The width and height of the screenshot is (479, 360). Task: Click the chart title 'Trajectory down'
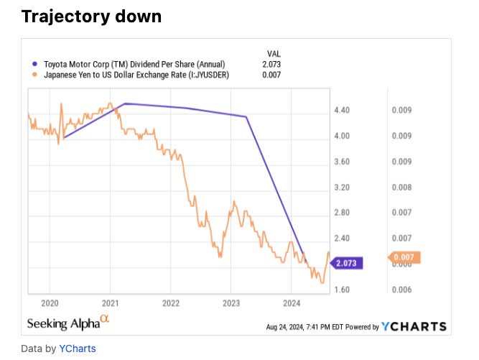point(91,16)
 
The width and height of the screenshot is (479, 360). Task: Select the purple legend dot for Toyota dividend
point(33,64)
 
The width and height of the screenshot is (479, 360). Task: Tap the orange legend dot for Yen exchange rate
point(33,75)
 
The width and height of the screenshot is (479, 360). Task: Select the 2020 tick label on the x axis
point(50,302)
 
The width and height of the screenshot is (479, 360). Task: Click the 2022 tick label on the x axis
point(171,302)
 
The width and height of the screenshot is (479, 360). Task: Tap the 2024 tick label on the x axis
point(292,302)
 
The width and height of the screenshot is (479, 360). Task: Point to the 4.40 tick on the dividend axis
point(341,111)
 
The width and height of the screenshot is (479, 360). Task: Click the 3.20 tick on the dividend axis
point(341,188)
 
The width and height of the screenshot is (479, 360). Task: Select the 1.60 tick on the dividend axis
point(341,290)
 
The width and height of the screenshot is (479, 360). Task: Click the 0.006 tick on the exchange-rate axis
point(401,290)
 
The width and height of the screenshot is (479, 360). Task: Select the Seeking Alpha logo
point(69,323)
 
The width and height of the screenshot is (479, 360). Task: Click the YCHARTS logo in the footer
point(414,326)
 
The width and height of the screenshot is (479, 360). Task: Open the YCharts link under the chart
point(78,349)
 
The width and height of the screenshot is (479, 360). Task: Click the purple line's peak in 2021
point(125,103)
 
